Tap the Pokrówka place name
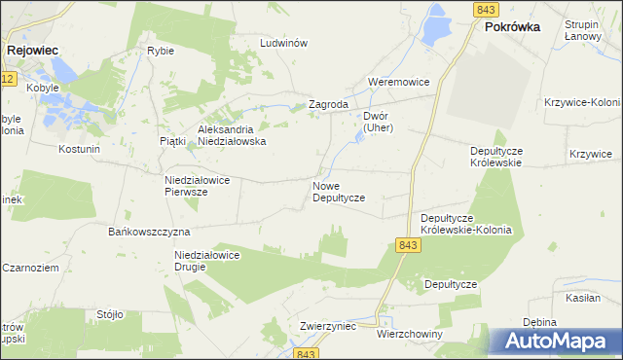pos(512,27)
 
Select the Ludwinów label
pos(284,44)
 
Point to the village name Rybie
pos(160,51)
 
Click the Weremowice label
pos(398,83)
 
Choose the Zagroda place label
pos(328,104)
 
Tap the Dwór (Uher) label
pos(376,121)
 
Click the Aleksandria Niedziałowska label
pos(232,134)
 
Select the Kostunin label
pos(80,150)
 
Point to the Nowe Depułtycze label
pos(338,191)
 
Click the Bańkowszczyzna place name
pos(148,233)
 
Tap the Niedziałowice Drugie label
pos(206,261)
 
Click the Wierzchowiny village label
pos(409,334)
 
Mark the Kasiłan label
pos(583,298)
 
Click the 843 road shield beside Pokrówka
pos(488,10)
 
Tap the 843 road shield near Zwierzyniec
pos(309,353)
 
